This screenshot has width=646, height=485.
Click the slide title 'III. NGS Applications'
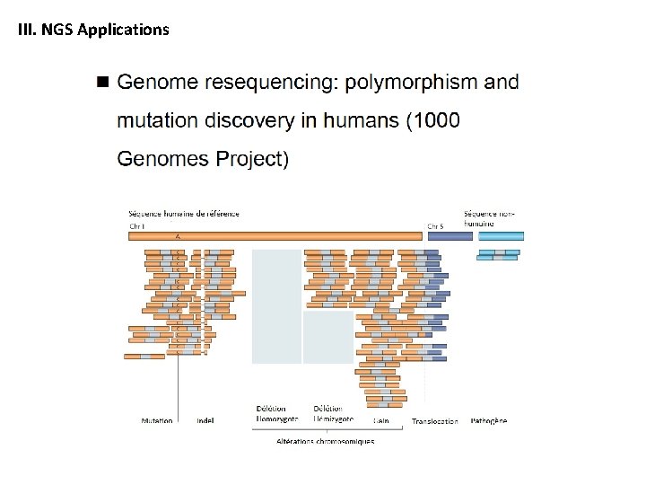[x=93, y=30]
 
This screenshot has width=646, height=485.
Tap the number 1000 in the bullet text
[x=434, y=121]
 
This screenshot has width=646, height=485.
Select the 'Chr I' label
[x=137, y=226]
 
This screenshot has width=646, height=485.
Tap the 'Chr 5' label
[x=434, y=226]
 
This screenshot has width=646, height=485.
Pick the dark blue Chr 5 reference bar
[x=449, y=236]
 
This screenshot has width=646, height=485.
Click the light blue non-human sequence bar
[x=501, y=236]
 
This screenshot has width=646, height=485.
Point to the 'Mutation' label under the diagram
[x=157, y=420]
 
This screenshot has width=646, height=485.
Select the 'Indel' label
[x=205, y=420]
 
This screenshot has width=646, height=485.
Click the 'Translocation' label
[x=434, y=421]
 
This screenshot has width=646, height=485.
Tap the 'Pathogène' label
[x=489, y=420]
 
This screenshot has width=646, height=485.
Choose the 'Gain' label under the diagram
[x=381, y=420]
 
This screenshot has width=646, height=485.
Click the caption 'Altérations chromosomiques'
[x=325, y=441]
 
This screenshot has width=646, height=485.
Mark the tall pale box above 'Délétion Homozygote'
[x=276, y=305]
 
